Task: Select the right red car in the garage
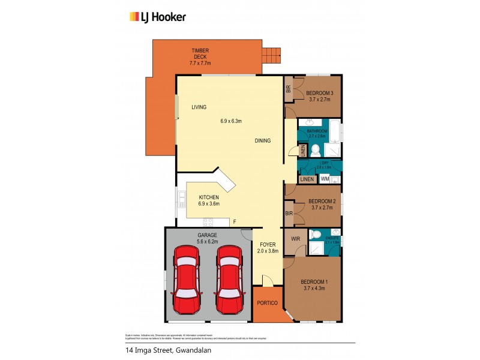coord(228,280)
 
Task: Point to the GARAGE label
coord(207,235)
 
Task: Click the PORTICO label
coord(267,303)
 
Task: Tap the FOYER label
coord(267,244)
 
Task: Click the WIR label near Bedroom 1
coord(295,239)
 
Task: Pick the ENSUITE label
coord(332,238)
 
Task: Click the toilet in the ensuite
coord(313,235)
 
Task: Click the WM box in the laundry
coord(325,179)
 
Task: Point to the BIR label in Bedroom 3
coord(289,89)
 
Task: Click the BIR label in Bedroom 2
coord(289,213)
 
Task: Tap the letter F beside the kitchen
coord(234,222)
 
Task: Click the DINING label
coord(262,141)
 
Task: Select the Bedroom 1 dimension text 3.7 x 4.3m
coord(314,289)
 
